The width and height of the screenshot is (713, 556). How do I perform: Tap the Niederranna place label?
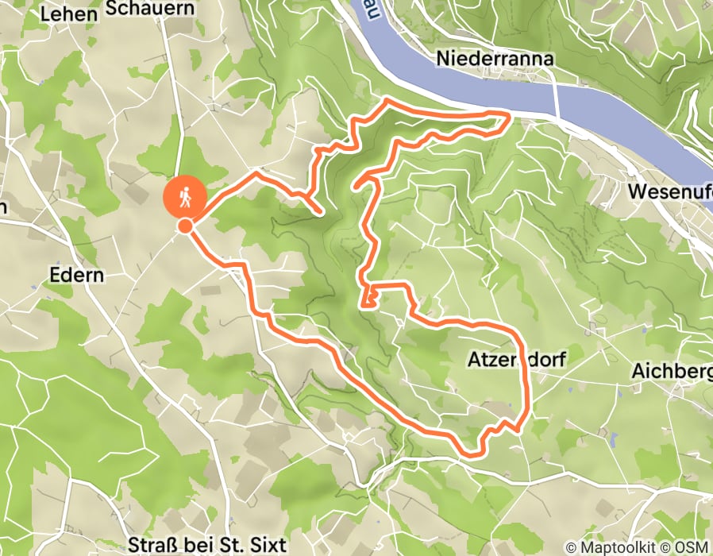pyautogui.click(x=494, y=59)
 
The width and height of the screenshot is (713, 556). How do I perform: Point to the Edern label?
pyautogui.click(x=77, y=274)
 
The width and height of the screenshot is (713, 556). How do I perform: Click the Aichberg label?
pyautogui.click(x=672, y=371)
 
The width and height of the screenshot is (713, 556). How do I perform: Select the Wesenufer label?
pyautogui.click(x=669, y=192)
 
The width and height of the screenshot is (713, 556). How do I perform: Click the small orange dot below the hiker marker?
pyautogui.click(x=185, y=226)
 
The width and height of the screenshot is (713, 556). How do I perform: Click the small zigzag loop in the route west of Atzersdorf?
pyautogui.click(x=368, y=298)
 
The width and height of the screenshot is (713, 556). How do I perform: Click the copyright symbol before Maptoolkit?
pyautogui.click(x=572, y=547)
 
